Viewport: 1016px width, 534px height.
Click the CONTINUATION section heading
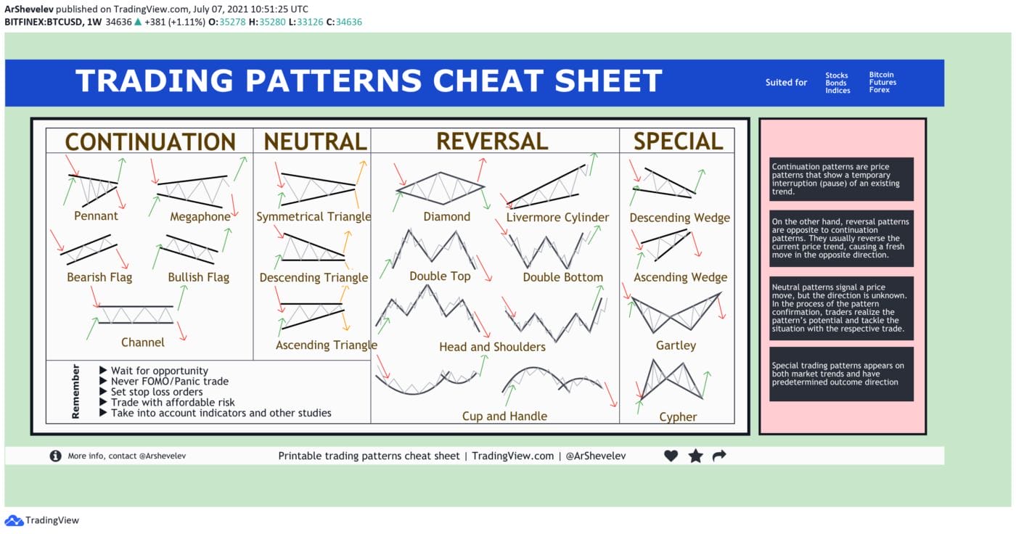click(x=150, y=141)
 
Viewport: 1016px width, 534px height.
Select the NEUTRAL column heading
click(x=315, y=141)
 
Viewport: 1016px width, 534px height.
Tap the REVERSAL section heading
click(x=492, y=141)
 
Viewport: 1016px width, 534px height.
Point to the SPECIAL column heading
click(x=678, y=141)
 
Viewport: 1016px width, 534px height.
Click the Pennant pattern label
click(x=96, y=215)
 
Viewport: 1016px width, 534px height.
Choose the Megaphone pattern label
click(x=200, y=216)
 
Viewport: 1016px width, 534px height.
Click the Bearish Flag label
click(x=99, y=277)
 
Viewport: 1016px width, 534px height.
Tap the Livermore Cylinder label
click(x=557, y=217)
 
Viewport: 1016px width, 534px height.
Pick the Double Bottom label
click(x=562, y=277)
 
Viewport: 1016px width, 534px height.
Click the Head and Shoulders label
click(x=492, y=347)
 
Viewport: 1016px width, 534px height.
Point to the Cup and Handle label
click(x=504, y=416)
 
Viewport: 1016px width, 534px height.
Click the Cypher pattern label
click(x=678, y=416)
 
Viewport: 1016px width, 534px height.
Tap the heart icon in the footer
click(x=671, y=456)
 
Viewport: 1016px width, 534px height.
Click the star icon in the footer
click(x=695, y=456)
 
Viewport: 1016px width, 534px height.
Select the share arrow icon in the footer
click(x=719, y=456)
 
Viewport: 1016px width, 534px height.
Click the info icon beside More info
click(x=55, y=456)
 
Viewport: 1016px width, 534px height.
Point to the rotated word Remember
click(x=75, y=391)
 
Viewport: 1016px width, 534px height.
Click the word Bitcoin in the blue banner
click(x=882, y=75)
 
